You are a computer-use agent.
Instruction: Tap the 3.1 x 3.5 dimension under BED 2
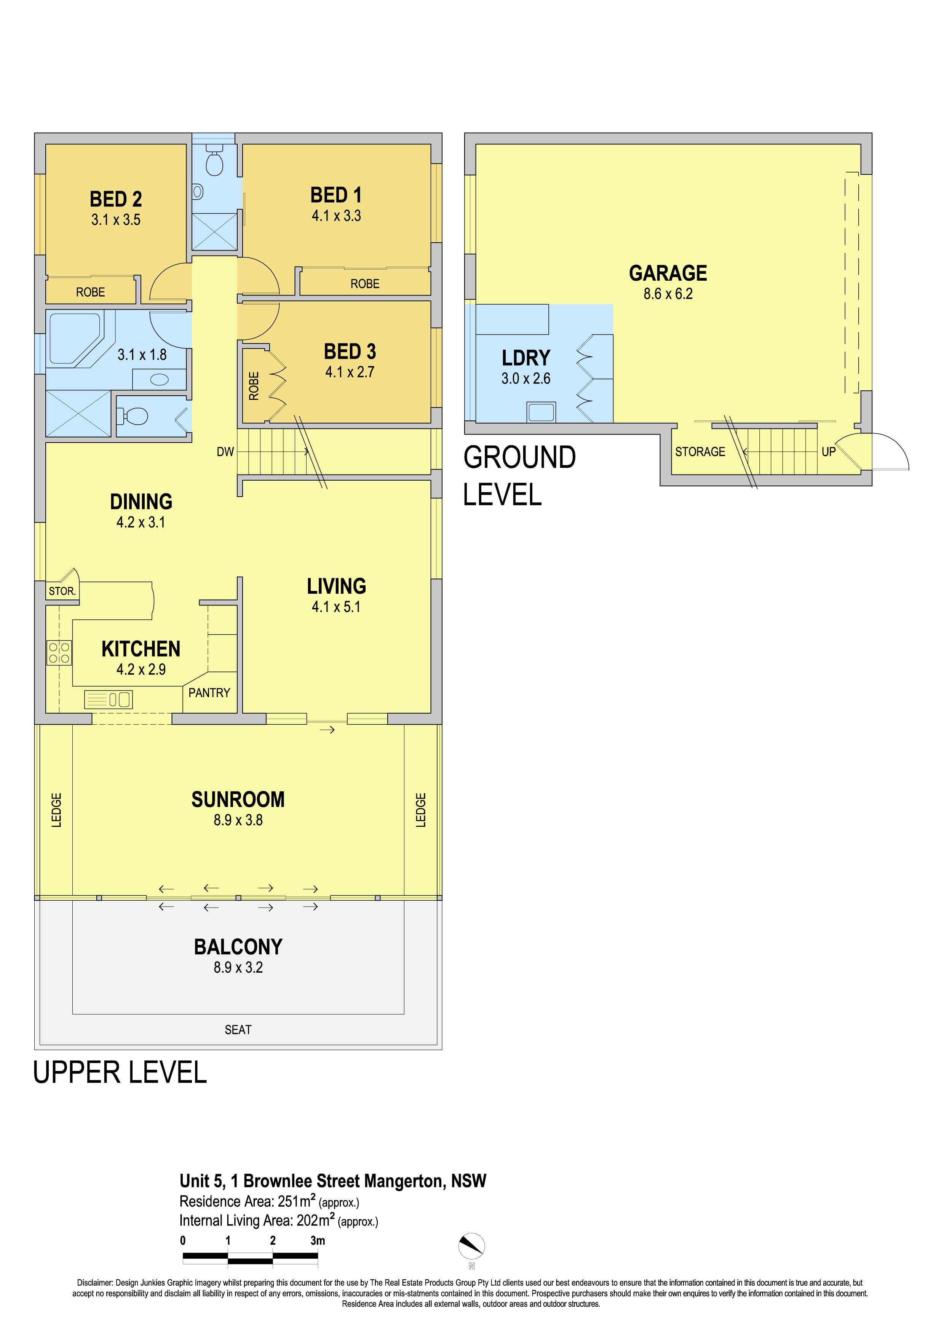(116, 220)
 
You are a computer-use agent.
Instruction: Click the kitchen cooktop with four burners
(59, 652)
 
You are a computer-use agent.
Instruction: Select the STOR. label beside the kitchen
(62, 591)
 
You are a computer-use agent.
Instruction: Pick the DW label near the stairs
(225, 452)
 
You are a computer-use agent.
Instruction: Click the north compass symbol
(472, 1246)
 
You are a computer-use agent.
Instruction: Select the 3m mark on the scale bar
(318, 1240)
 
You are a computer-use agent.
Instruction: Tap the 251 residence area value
(288, 1201)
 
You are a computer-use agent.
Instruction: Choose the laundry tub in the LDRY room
(541, 412)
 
